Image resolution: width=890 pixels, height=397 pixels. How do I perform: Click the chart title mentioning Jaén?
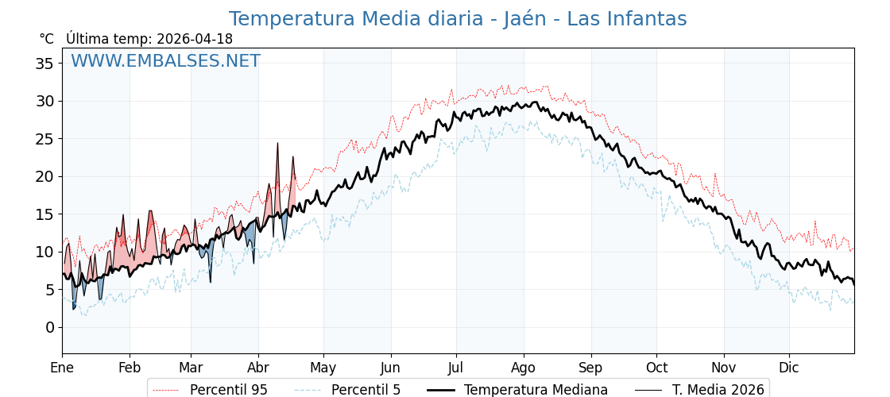point(458,19)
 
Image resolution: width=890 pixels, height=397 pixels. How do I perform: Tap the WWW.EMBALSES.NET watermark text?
point(165,61)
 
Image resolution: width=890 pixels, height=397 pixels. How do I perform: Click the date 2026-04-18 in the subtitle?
point(195,39)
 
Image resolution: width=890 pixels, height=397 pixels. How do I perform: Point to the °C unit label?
point(46,39)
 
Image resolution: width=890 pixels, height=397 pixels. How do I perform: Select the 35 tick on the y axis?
point(44,64)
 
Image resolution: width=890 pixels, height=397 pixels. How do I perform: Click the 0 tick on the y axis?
point(49,327)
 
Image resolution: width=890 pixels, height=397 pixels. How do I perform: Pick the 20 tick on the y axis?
point(44,176)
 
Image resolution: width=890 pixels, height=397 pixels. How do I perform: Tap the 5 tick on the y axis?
point(49,290)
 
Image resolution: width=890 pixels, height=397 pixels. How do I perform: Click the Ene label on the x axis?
point(62,368)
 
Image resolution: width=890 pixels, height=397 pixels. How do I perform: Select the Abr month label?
point(258,368)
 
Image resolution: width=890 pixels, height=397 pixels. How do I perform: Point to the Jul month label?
point(456,368)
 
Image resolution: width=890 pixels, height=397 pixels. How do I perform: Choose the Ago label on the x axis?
point(524,368)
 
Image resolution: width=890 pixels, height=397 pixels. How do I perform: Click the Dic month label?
point(789,368)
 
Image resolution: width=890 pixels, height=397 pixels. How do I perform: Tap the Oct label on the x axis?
point(656,368)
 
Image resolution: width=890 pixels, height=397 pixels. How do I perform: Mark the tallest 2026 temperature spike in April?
point(277,144)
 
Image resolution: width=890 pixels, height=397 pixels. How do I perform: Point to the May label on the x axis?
point(323,368)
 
